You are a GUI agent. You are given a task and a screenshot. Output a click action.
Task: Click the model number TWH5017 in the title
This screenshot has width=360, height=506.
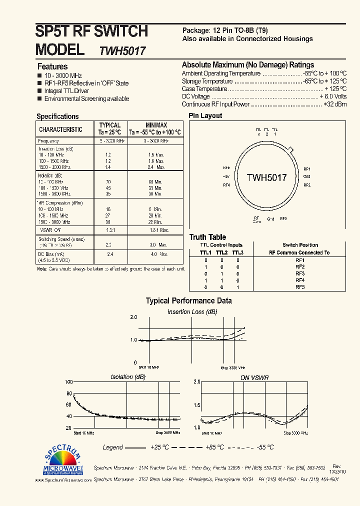click(x=122, y=51)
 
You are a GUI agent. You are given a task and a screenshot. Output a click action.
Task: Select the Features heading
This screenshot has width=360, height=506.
click(x=52, y=66)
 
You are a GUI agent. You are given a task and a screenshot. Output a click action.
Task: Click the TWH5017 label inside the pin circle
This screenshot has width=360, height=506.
click(x=266, y=177)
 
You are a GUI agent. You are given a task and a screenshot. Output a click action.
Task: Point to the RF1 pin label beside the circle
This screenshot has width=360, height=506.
click(x=307, y=169)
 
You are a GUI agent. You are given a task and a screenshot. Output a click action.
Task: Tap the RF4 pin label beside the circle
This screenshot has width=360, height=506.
click(x=226, y=185)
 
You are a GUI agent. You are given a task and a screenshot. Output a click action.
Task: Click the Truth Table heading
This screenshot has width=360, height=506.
click(x=207, y=237)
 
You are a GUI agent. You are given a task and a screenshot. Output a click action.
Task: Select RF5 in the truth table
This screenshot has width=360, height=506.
click(x=300, y=287)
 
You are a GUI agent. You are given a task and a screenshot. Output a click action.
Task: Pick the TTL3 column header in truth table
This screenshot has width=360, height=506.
click(x=238, y=253)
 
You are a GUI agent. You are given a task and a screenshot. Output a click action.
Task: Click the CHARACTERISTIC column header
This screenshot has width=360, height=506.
click(x=61, y=129)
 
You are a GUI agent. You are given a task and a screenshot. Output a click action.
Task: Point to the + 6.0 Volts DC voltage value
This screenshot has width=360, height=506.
click(x=333, y=96)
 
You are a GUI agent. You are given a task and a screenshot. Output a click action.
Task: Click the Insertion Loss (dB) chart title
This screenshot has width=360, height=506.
click(x=192, y=312)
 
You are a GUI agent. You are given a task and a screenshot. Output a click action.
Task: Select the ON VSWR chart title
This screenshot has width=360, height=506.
click(x=254, y=377)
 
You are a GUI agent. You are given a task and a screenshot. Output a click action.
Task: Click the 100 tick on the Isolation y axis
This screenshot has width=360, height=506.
click(x=69, y=381)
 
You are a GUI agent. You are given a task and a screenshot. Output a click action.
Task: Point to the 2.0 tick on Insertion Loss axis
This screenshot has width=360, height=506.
click(x=133, y=317)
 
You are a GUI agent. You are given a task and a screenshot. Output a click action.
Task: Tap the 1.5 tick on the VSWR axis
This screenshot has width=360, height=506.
click(x=197, y=405)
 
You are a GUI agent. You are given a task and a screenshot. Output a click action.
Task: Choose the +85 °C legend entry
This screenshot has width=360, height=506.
click(x=214, y=447)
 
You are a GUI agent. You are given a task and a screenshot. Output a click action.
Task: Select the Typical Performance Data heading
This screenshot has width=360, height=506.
click(x=188, y=301)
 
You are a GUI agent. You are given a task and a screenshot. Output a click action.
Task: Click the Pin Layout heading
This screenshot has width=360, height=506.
click(x=205, y=116)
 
